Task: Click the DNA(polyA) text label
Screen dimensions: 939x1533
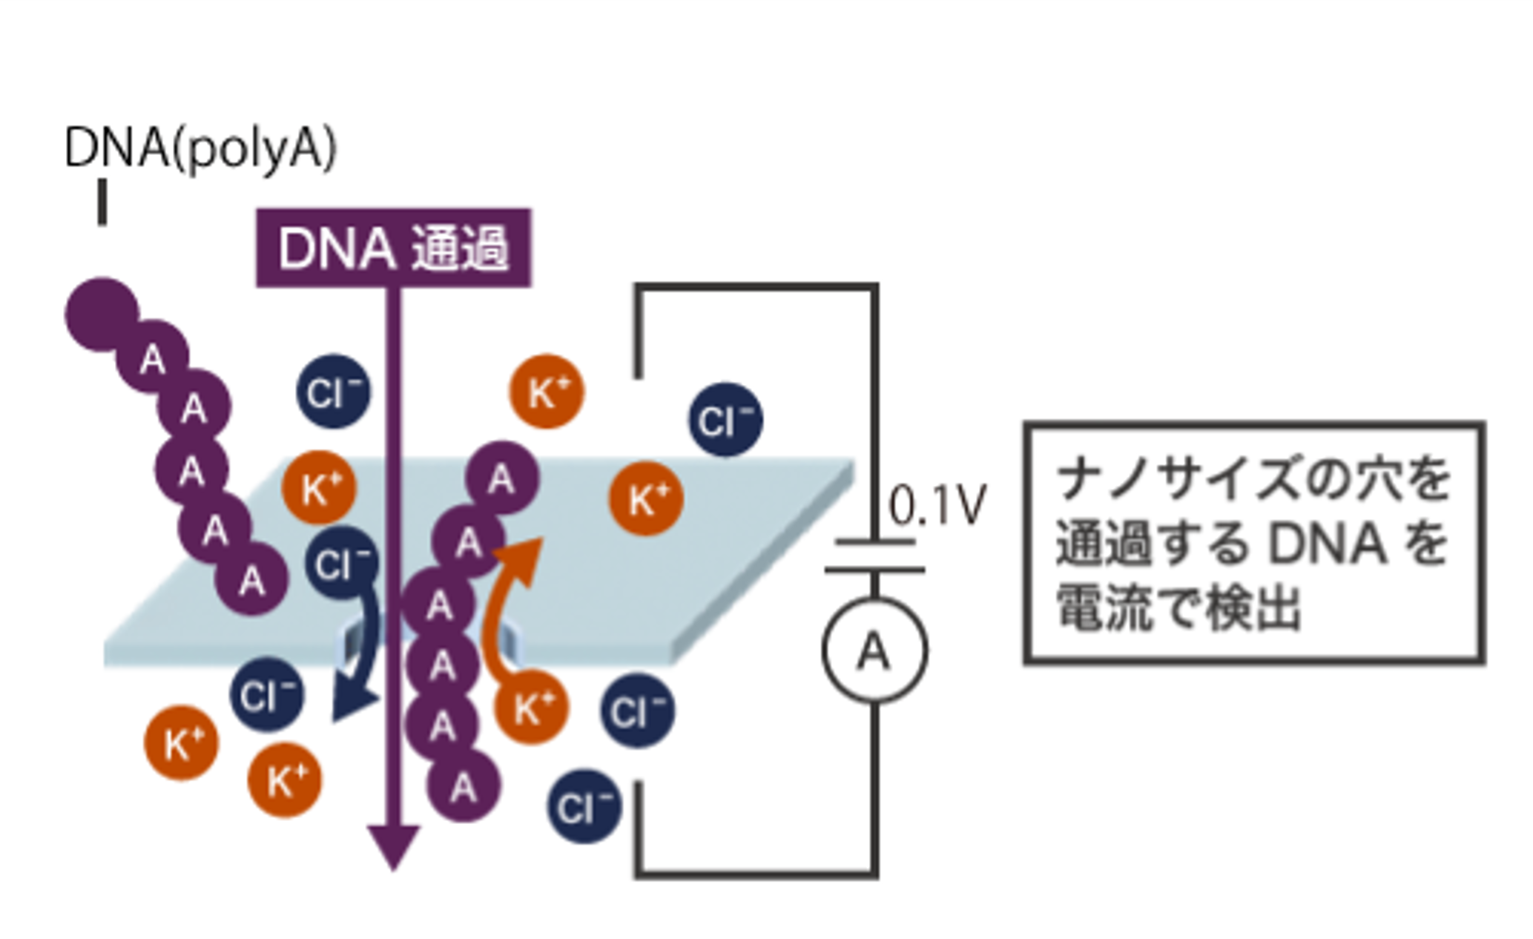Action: pos(200,148)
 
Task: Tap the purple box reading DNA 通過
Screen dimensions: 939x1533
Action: pos(393,248)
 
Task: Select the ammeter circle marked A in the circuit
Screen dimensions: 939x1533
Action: pos(874,650)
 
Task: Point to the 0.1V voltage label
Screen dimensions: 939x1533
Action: pos(937,507)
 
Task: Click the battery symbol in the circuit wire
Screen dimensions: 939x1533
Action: pos(874,556)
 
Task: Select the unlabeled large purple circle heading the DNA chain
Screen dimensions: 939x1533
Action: pos(102,314)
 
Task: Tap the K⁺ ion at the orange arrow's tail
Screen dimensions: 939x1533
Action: pos(532,707)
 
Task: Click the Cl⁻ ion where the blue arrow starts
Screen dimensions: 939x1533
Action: pos(341,564)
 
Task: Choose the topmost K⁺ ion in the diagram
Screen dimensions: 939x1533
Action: pos(547,391)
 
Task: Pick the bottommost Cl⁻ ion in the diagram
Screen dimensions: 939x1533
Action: pos(584,806)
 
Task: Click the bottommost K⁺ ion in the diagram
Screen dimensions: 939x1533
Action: pos(284,780)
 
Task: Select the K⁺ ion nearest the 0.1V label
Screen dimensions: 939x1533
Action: pos(645,498)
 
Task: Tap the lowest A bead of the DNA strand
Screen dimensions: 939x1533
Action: pos(463,786)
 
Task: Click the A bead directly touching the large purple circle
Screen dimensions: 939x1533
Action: pos(152,358)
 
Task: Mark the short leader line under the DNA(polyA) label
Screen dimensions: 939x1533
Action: pos(102,203)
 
